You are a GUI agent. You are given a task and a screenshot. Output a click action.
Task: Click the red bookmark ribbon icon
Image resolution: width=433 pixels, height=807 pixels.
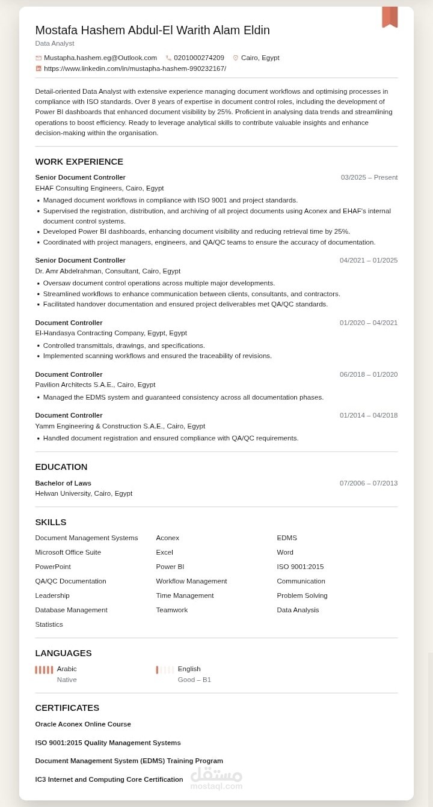tap(390, 17)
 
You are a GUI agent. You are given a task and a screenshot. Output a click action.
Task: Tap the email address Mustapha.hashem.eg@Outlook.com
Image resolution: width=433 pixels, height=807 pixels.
tap(100, 58)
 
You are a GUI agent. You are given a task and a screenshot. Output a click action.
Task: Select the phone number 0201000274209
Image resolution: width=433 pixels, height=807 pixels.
tap(198, 58)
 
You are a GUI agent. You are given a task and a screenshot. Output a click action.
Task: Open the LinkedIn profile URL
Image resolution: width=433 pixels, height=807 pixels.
tap(135, 69)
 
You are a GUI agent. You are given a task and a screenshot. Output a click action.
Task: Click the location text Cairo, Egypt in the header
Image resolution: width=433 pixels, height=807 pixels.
tap(260, 58)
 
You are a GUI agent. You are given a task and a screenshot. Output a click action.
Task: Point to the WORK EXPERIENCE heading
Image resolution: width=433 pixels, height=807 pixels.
tap(79, 162)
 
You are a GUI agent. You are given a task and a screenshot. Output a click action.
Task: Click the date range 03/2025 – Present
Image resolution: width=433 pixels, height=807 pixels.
tap(369, 177)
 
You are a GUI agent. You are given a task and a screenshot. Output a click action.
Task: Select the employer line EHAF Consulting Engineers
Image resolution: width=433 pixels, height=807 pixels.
tap(99, 188)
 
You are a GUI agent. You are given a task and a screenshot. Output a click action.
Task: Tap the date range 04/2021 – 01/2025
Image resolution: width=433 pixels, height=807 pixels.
tap(368, 260)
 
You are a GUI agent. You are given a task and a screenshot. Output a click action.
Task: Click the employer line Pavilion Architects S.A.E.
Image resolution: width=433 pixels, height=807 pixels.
tap(95, 385)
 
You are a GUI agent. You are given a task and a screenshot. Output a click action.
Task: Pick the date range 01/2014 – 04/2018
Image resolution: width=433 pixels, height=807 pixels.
tap(368, 415)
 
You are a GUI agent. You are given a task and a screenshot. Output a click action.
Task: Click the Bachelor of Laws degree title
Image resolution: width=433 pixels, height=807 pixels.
tap(63, 483)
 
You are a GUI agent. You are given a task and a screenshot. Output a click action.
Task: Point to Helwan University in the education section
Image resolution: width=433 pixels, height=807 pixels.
tap(84, 493)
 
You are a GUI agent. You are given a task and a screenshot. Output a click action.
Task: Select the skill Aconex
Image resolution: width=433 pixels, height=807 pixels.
tap(167, 538)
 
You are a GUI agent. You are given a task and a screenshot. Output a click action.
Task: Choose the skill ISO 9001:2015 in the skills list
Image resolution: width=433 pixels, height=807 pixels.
tap(300, 567)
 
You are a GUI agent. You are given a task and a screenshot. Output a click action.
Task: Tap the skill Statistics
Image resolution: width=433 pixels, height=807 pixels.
tap(49, 624)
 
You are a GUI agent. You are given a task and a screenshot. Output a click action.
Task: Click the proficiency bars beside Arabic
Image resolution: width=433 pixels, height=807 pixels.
tap(44, 669)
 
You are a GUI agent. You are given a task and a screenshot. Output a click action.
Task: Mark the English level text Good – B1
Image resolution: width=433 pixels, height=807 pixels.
tap(194, 680)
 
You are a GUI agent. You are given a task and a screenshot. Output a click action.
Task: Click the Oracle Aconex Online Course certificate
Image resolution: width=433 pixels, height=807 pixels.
tap(83, 724)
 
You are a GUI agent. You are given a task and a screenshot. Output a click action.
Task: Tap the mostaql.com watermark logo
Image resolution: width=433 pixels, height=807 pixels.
tap(216, 778)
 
